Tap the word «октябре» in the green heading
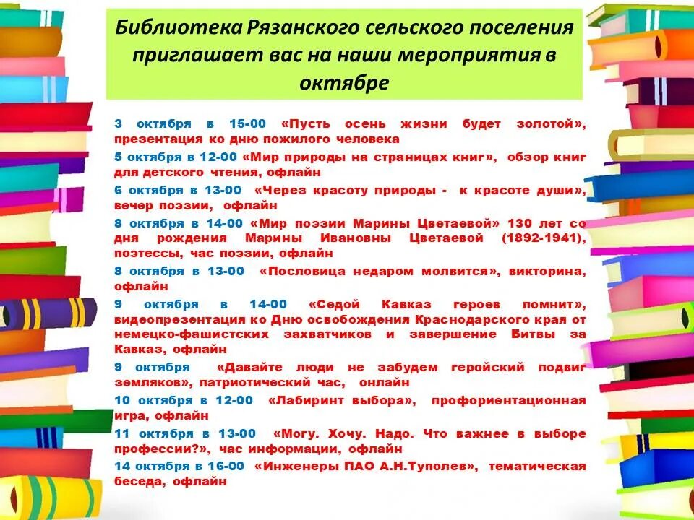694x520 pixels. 344,82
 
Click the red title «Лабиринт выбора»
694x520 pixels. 342,400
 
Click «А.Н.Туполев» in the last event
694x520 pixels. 429,466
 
